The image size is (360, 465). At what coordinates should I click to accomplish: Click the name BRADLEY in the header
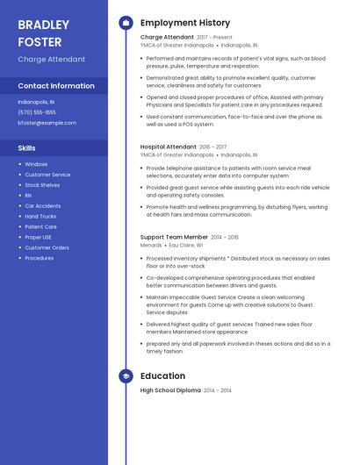[43, 24]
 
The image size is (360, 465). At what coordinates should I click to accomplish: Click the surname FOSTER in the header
[40, 41]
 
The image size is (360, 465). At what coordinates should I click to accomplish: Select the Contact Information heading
[56, 86]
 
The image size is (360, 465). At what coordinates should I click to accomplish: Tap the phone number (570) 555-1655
[37, 112]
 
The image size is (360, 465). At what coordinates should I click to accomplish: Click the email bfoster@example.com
[47, 123]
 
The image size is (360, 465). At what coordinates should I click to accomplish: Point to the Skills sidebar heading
[26, 148]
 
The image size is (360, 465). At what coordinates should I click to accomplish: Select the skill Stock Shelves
[42, 185]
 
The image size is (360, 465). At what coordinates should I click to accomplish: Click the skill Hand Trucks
[40, 216]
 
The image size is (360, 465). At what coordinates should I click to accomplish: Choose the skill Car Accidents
[43, 205]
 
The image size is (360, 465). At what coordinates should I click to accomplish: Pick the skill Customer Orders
[47, 247]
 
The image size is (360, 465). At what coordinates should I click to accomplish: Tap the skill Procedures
[40, 258]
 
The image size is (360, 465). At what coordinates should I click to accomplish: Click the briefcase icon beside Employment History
[126, 22]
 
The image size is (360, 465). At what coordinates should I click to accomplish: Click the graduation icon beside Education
[126, 376]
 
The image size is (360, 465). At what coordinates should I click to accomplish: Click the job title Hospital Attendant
[169, 147]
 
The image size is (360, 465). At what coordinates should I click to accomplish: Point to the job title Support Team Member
[174, 237]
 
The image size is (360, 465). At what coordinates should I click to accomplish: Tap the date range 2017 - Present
[215, 38]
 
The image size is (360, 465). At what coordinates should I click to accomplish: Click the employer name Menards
[151, 246]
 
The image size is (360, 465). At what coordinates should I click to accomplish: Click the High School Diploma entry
[170, 390]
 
